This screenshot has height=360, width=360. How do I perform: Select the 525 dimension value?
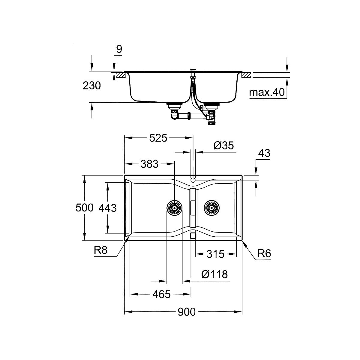pyautogui.click(x=158, y=138)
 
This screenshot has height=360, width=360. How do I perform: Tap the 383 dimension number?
pyautogui.click(x=149, y=164)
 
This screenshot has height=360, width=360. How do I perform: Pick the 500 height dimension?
pyautogui.click(x=84, y=208)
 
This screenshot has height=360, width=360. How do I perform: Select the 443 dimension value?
pyautogui.click(x=108, y=208)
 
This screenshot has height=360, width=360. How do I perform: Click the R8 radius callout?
pyautogui.click(x=101, y=250)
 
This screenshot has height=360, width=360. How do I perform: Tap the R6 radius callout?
pyautogui.click(x=264, y=253)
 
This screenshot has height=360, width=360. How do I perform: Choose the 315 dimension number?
pyautogui.click(x=215, y=254)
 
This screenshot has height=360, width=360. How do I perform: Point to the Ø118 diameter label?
pyautogui.click(x=215, y=274)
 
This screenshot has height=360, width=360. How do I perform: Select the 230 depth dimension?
pyautogui.click(x=92, y=85)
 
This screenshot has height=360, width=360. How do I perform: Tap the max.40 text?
pyautogui.click(x=267, y=92)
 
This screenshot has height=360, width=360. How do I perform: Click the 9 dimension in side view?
pyautogui.click(x=119, y=49)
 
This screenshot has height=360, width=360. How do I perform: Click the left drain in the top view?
pyautogui.click(x=175, y=208)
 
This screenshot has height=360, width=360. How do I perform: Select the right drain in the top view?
pyautogui.click(x=212, y=208)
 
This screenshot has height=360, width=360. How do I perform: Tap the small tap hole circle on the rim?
pyautogui.click(x=193, y=180)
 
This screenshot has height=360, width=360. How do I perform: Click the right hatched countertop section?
pyautogui.click(x=246, y=75)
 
